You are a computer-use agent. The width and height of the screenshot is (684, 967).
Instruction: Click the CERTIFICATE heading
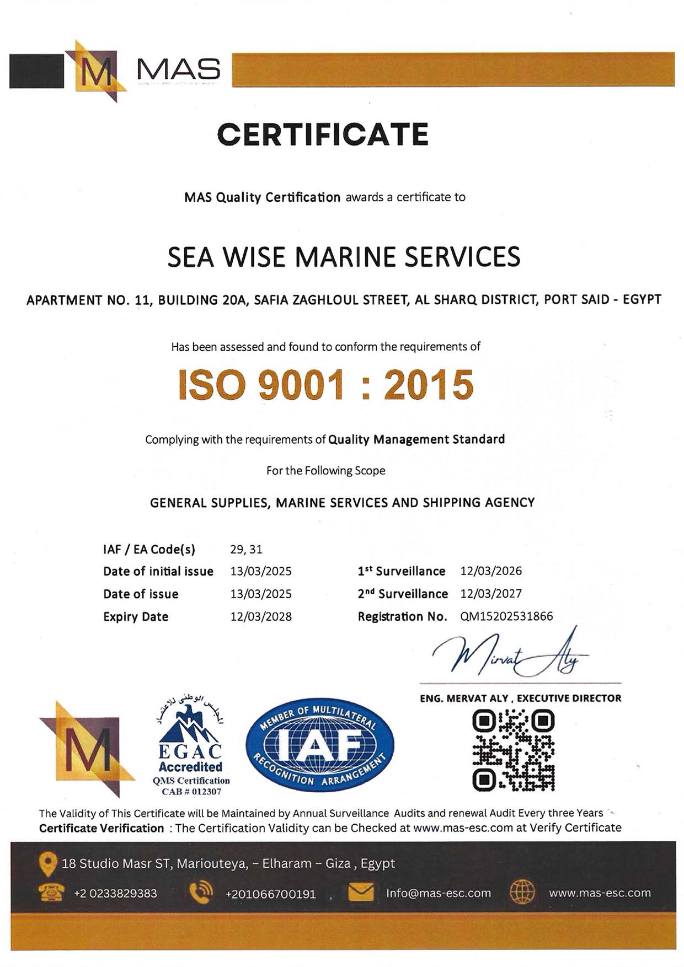pyautogui.click(x=323, y=135)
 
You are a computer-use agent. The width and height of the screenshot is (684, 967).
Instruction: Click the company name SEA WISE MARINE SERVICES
pyautogui.click(x=344, y=257)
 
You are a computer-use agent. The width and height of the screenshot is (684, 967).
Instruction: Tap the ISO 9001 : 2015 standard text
pyautogui.click(x=326, y=384)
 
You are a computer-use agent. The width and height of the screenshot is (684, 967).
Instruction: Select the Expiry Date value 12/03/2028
pyautogui.click(x=261, y=616)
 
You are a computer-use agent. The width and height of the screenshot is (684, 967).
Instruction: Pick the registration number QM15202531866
pyautogui.click(x=506, y=616)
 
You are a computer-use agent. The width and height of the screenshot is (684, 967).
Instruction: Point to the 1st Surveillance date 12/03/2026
pyautogui.click(x=491, y=571)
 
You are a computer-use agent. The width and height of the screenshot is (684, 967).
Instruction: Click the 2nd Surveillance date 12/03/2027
pyautogui.click(x=491, y=594)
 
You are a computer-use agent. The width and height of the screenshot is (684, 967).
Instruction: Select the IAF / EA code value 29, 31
pyautogui.click(x=246, y=549)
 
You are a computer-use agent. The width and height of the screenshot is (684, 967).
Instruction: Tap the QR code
pyautogui.click(x=514, y=750)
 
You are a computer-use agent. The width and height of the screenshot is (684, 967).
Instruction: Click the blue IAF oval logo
pyautogui.click(x=320, y=745)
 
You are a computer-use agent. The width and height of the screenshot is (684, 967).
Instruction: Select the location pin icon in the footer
pyautogui.click(x=48, y=864)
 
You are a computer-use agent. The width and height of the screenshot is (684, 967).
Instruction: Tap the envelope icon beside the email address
pyautogui.click(x=361, y=893)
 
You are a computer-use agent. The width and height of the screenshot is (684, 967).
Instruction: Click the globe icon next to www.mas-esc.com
pyautogui.click(x=522, y=893)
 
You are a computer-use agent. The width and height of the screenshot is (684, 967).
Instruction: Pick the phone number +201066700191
pyautogui.click(x=270, y=894)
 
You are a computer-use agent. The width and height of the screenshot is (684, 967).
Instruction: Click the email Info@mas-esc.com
pyautogui.click(x=438, y=893)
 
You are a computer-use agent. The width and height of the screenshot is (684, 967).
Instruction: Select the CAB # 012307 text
pyautogui.click(x=191, y=792)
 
